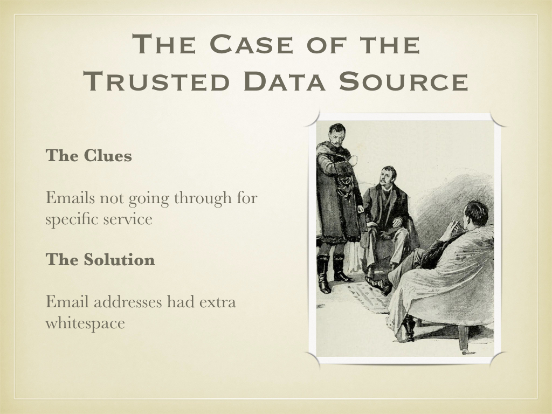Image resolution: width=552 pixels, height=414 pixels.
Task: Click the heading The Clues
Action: pyautogui.click(x=89, y=155)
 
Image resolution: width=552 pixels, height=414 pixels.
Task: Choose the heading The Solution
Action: pyautogui.click(x=100, y=259)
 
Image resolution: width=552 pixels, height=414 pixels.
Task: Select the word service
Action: pyautogui.click(x=128, y=219)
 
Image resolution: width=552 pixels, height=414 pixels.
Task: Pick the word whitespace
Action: pyautogui.click(x=85, y=323)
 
